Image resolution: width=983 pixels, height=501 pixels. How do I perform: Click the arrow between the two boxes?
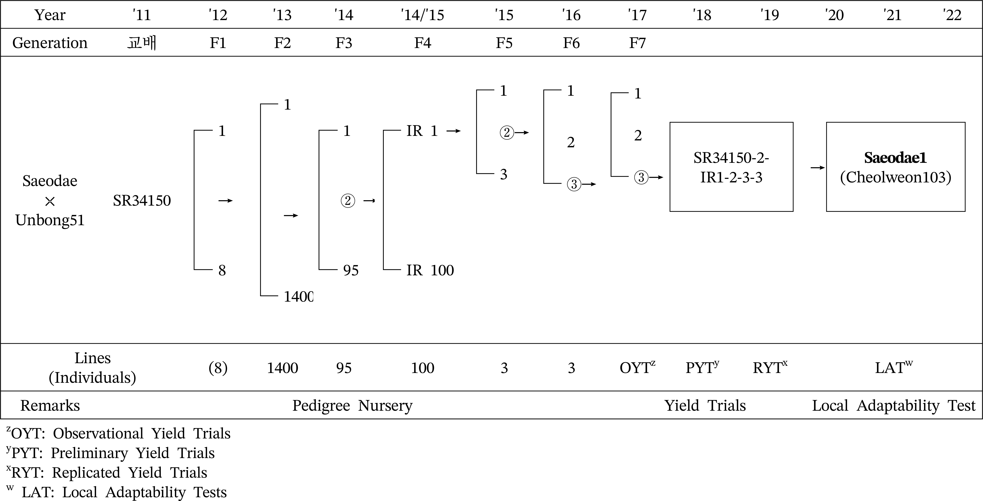[x=817, y=167]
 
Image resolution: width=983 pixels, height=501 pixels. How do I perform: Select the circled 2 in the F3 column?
[x=348, y=201]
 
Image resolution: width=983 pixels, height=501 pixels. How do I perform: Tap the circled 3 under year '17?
[x=641, y=177]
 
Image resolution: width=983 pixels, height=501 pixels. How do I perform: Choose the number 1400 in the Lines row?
[x=282, y=368]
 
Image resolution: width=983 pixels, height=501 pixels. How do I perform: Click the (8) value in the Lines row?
[x=218, y=368]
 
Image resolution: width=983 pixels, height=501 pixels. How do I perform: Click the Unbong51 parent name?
[x=50, y=220]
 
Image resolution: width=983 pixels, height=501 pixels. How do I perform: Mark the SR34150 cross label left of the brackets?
[x=142, y=201]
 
